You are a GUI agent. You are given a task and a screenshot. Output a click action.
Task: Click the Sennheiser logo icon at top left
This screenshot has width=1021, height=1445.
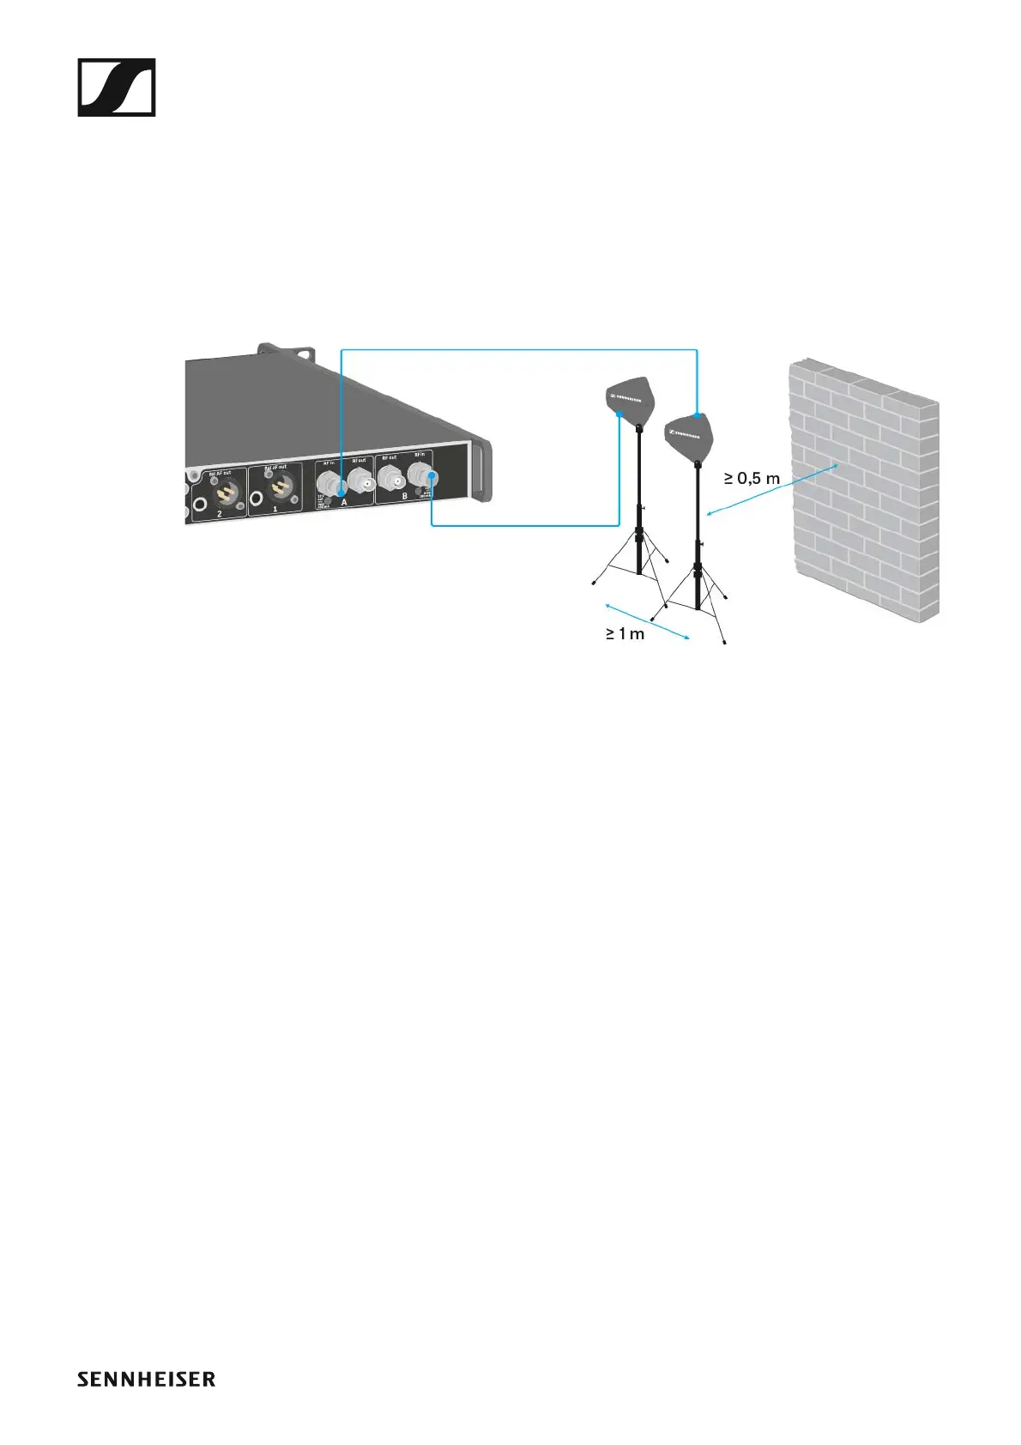tap(117, 87)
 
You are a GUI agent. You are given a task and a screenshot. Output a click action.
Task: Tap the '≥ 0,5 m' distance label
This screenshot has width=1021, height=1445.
tap(752, 478)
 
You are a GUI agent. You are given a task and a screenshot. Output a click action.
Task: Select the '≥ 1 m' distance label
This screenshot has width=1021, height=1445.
tap(625, 634)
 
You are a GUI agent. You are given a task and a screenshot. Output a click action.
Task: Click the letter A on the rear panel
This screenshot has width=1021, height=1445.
tap(344, 502)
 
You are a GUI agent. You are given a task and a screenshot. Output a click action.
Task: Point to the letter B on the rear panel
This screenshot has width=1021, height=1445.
tap(405, 496)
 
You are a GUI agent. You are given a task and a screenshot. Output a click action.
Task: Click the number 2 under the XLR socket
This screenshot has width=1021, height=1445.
tap(220, 513)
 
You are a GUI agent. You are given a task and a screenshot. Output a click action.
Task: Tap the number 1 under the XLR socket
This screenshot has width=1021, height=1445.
tap(275, 509)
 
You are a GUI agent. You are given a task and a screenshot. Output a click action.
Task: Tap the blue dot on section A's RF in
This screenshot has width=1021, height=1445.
tap(341, 485)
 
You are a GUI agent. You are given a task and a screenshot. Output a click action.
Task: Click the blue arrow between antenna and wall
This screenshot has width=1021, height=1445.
tap(772, 490)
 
